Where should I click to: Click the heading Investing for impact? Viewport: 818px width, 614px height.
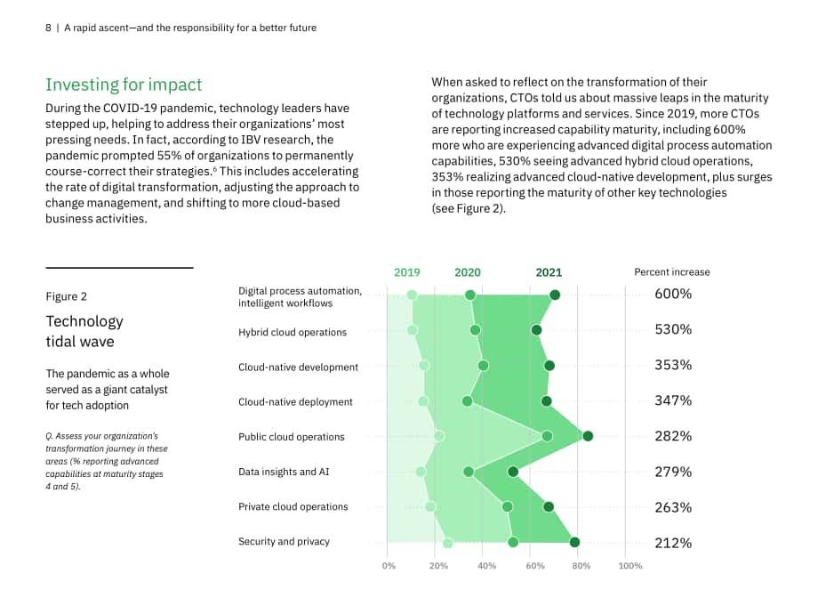tap(124, 85)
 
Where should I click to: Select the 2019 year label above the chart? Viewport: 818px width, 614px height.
tap(407, 272)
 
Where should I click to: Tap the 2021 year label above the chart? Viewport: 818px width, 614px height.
tap(549, 272)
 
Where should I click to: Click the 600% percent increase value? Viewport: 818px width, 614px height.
tap(673, 294)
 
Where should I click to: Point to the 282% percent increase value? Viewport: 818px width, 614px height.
tap(673, 436)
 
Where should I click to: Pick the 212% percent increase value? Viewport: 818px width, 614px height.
tap(673, 543)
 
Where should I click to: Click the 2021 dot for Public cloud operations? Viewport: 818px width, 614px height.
tap(588, 437)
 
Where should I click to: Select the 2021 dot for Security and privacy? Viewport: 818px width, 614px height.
tap(574, 543)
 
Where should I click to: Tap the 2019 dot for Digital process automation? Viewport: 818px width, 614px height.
tap(412, 295)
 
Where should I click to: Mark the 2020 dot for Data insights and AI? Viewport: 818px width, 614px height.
tap(469, 472)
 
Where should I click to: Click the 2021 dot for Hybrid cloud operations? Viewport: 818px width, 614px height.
tap(536, 330)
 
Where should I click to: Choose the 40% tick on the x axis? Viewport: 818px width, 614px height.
tap(486, 566)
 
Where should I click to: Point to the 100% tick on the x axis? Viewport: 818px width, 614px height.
tap(630, 566)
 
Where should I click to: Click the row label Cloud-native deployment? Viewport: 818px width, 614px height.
tap(295, 402)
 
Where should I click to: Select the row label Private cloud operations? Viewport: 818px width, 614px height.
tap(293, 506)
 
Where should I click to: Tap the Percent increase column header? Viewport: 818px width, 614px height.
tap(672, 272)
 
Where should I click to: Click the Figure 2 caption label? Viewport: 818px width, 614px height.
tap(67, 296)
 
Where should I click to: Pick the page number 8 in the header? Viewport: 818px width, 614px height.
tap(48, 28)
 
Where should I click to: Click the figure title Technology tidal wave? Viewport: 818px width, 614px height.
tap(84, 331)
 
